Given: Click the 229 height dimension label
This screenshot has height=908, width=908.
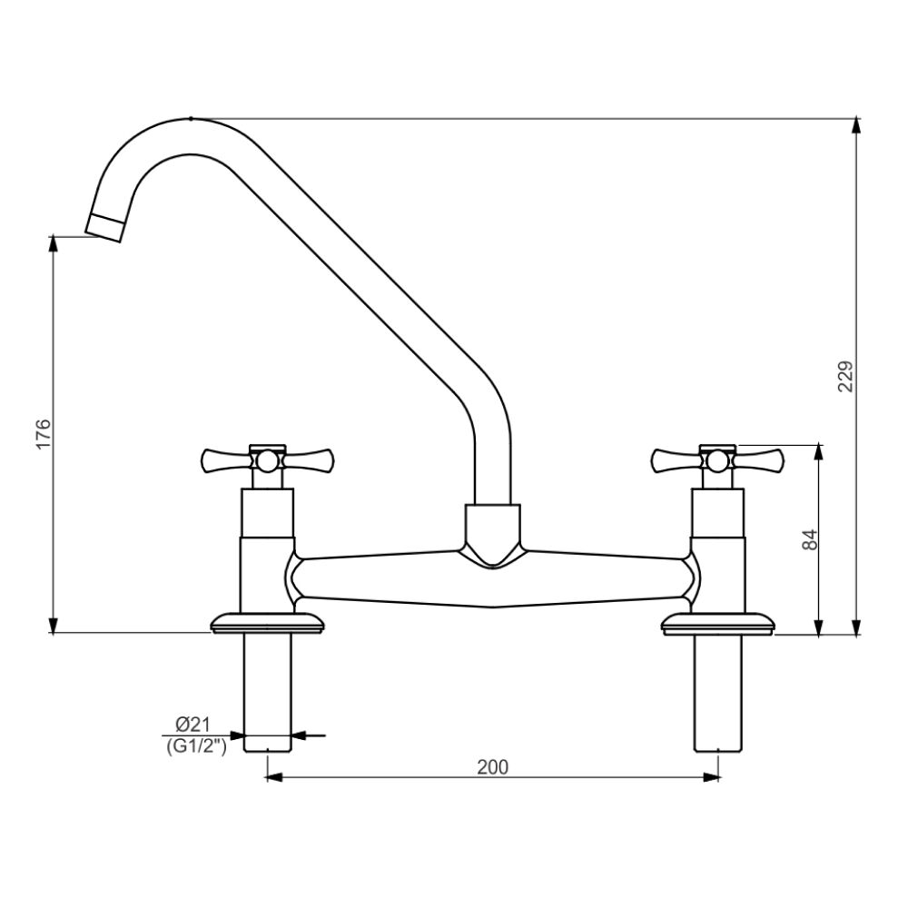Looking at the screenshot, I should click(845, 377).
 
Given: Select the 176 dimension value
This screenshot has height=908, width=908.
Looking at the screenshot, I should click(44, 434).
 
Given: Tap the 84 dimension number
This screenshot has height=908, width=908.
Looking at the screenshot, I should click(811, 538).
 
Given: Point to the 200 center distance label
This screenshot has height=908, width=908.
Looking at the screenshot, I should click(492, 766).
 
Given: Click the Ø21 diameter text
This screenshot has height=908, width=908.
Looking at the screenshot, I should click(192, 724).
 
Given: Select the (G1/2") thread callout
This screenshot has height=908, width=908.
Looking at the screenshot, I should click(194, 745).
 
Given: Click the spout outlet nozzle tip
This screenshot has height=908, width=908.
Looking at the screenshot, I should click(106, 225).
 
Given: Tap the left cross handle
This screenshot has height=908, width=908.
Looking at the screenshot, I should click(267, 461).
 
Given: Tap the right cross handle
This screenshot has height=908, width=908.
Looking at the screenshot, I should click(718, 461).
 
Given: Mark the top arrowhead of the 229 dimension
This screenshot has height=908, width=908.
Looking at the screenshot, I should click(855, 126).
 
